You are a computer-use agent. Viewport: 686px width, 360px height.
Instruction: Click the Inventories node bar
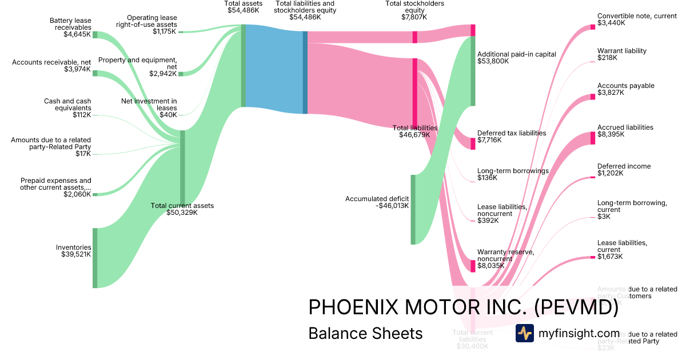tap(95, 258)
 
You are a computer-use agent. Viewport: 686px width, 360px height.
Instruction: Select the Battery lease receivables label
tap(70, 23)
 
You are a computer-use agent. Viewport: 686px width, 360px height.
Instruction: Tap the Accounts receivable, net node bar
tap(95, 73)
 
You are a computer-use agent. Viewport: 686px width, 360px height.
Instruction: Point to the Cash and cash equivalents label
tap(67, 105)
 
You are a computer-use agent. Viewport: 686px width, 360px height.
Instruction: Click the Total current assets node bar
tap(182, 167)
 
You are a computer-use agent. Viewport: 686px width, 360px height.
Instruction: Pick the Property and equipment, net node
tap(181, 74)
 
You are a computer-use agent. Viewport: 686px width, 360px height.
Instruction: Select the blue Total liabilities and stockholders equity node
tap(305, 73)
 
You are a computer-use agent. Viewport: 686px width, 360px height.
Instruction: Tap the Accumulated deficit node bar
tap(413, 209)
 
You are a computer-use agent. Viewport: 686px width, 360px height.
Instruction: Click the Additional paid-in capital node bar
tap(473, 71)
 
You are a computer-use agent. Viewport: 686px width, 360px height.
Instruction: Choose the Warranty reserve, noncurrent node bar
tap(473, 266)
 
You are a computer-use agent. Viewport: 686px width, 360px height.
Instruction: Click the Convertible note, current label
tap(636, 16)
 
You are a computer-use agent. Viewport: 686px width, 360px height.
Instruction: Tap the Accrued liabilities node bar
tap(593, 138)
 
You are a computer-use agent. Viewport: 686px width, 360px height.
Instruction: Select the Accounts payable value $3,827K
tap(611, 93)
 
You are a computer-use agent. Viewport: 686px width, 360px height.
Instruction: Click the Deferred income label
tap(624, 166)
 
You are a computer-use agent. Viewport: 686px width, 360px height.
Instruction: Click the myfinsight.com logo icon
tap(525, 333)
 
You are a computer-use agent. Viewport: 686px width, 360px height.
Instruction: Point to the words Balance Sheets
tap(365, 333)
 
